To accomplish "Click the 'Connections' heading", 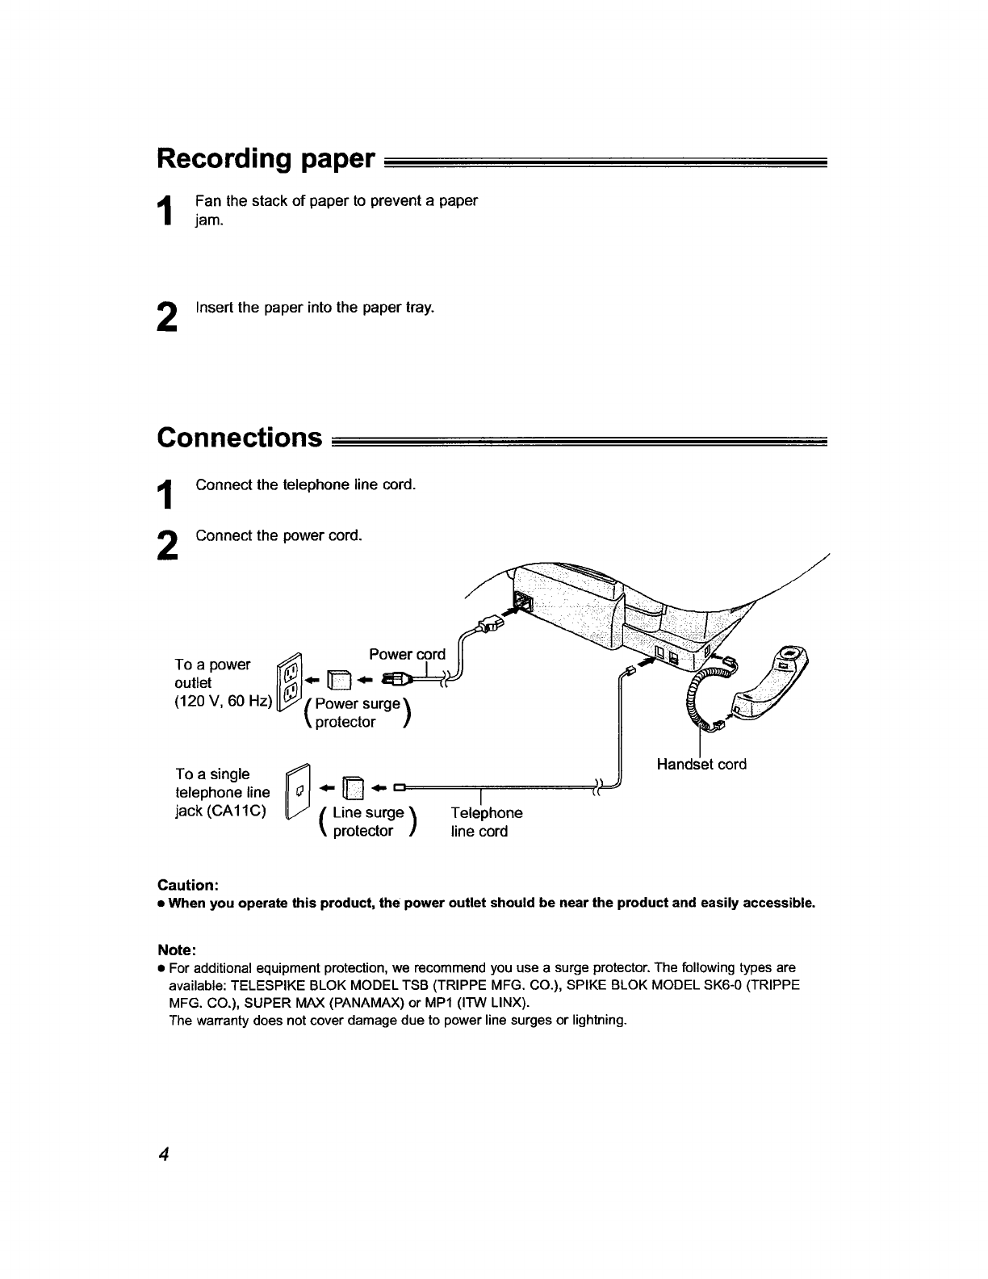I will pos(240,437).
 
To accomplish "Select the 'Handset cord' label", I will pos(701,764).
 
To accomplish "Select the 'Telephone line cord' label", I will pos(486,822).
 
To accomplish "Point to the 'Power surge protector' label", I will pos(356,712).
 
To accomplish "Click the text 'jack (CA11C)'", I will pos(220,811).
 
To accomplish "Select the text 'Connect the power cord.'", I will pos(278,535).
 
